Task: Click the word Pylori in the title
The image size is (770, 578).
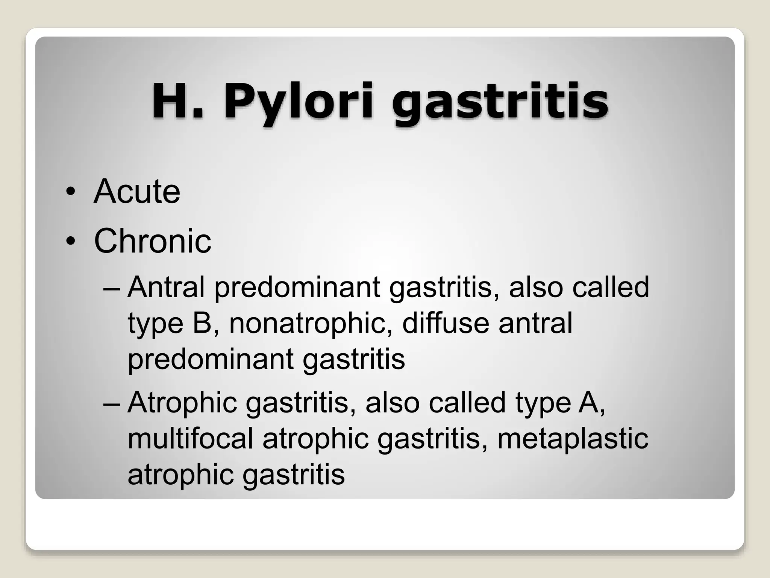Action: (299, 101)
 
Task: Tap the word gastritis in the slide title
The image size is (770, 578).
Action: (500, 101)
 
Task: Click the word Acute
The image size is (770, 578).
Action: (137, 192)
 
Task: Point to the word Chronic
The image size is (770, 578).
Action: (152, 241)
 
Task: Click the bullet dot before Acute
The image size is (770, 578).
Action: (70, 192)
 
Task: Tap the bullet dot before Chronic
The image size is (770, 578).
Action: (70, 242)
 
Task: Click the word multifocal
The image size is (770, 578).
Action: (190, 438)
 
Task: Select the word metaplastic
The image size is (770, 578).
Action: (573, 438)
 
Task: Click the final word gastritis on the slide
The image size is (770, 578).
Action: (293, 475)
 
